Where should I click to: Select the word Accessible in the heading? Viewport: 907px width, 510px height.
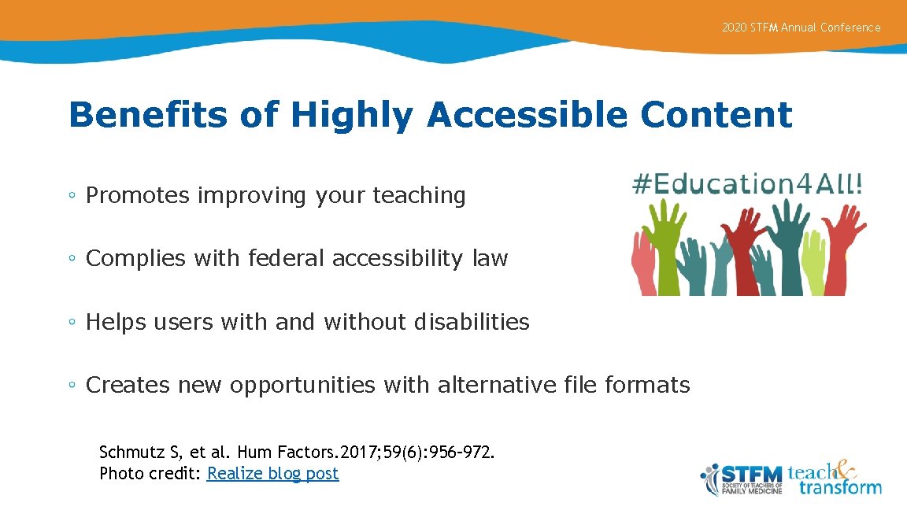coord(528,115)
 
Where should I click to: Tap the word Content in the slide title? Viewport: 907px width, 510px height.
coord(716,115)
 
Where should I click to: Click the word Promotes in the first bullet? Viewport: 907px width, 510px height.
coord(137,195)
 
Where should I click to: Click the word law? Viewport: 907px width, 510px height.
coord(491,258)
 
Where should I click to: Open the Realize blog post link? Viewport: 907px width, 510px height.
coord(272,474)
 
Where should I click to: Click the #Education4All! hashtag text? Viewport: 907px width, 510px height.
coord(747,184)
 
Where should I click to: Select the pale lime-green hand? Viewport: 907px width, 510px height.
coord(812,260)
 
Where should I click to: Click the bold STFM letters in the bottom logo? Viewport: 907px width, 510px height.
coord(751,474)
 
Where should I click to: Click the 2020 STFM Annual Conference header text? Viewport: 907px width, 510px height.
coord(801,28)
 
